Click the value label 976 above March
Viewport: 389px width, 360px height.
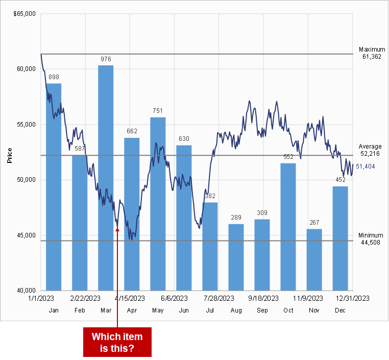point(106,59)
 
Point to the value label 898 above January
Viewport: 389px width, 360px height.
point(54,77)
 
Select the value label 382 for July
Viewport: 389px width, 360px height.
point(210,196)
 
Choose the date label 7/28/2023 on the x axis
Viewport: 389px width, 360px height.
point(218,298)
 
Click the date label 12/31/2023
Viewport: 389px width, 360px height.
point(353,298)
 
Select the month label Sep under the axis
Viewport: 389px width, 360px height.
point(262,310)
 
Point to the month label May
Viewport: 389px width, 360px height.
point(158,310)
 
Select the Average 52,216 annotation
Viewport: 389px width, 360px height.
point(370,150)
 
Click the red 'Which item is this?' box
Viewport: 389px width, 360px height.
point(117,342)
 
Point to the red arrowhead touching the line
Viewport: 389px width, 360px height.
point(117,229)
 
